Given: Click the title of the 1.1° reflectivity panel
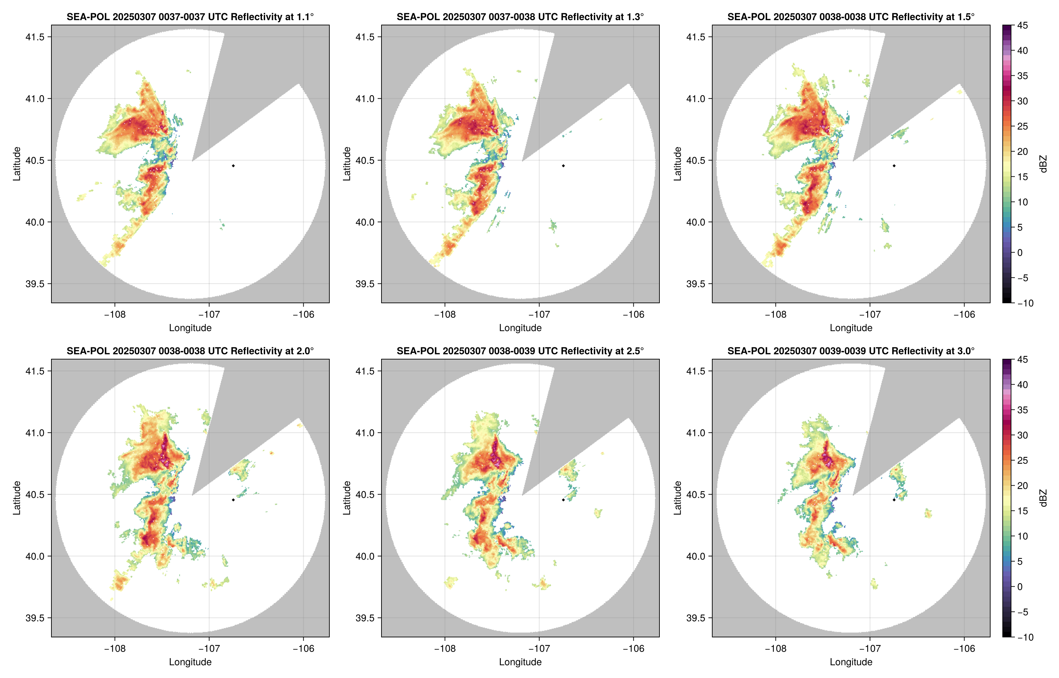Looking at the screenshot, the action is tap(190, 17).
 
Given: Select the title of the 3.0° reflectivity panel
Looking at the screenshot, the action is tap(851, 351).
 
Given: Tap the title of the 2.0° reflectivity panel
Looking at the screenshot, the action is tap(190, 351).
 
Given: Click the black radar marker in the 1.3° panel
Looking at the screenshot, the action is tap(563, 166).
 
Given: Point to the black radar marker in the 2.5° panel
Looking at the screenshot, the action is tap(563, 500).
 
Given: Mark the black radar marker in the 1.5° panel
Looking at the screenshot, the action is tap(894, 166).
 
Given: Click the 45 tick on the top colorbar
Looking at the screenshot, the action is tap(1023, 26).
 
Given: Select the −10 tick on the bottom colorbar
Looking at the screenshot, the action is tap(1025, 637).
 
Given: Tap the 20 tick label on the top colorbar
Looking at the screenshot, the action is tap(1023, 151).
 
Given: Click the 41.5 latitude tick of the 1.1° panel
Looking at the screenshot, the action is tap(35, 37).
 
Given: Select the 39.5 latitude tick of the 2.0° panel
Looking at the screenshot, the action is tap(35, 618).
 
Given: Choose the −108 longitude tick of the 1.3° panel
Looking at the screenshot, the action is tap(445, 314).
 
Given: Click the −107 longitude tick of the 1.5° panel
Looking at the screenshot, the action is tap(870, 314).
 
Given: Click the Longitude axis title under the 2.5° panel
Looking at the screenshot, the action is tap(520, 662).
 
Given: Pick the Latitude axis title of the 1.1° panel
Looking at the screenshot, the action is tap(17, 164).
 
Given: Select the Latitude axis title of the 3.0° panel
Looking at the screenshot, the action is tap(678, 498).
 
